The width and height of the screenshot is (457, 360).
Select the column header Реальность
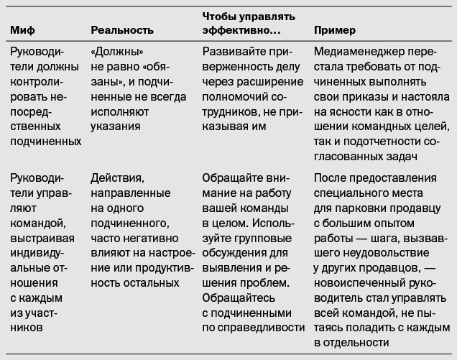tap(123, 31)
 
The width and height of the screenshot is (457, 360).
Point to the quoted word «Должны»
tap(113, 53)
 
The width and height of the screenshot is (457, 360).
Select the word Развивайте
tap(234, 53)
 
